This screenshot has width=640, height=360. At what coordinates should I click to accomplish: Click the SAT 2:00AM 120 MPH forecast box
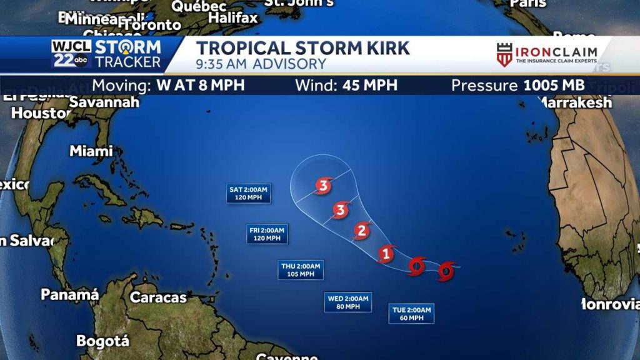point(249,194)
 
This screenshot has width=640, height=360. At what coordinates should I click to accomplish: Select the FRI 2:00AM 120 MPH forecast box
point(267,234)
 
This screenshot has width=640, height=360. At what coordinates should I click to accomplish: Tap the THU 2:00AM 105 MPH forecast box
point(301,270)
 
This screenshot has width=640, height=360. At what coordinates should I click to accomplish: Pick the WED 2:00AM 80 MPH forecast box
point(349,302)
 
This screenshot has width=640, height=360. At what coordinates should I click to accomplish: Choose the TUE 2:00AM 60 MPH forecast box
point(411,314)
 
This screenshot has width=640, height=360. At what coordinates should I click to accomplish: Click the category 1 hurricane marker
point(386,254)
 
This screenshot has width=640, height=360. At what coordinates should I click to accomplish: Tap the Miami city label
point(91,151)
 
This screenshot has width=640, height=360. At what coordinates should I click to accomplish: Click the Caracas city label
point(158,297)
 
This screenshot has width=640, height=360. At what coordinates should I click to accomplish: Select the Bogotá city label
point(102,341)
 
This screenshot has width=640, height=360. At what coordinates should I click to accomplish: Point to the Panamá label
point(70,294)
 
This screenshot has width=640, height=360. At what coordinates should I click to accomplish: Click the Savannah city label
point(104,102)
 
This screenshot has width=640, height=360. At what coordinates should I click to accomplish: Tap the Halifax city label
point(232,18)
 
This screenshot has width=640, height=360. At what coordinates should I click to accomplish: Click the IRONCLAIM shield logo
point(504,55)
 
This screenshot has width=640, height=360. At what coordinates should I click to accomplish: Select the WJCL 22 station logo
point(71,54)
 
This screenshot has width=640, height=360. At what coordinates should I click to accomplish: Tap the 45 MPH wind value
point(369,85)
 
